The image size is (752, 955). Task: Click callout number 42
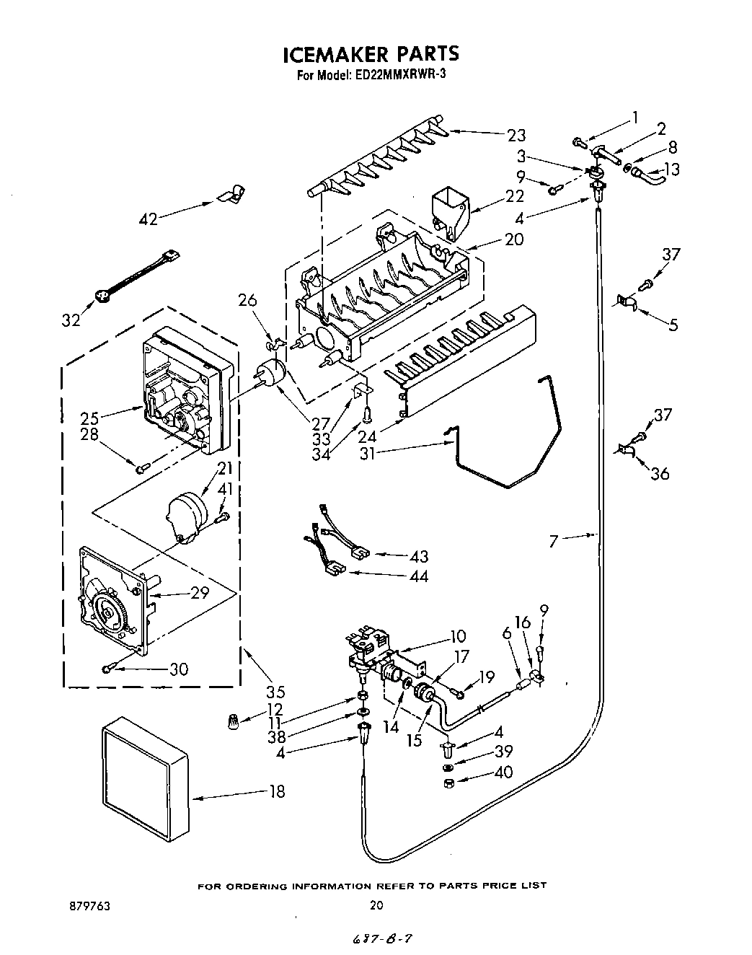[x=148, y=219]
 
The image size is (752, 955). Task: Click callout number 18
[x=276, y=791]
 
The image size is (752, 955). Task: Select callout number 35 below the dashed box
[x=275, y=690]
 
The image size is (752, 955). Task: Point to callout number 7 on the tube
[x=553, y=540]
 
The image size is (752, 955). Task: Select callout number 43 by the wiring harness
[x=418, y=556]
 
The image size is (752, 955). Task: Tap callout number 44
[x=418, y=576]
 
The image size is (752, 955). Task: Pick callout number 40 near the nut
[x=503, y=772]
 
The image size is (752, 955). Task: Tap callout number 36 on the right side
[x=660, y=473]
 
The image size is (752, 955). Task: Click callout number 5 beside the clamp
[x=672, y=325]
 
